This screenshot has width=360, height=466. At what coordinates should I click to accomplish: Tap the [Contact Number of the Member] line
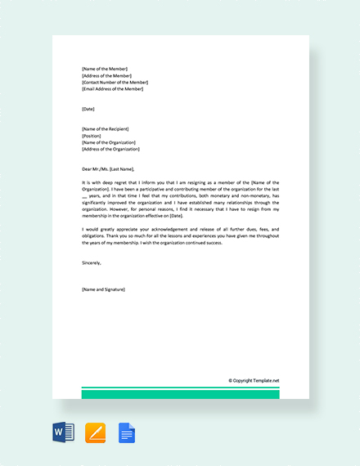click(x=115, y=82)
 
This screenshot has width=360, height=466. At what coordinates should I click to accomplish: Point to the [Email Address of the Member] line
click(x=113, y=88)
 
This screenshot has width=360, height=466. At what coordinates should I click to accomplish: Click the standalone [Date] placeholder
click(x=88, y=109)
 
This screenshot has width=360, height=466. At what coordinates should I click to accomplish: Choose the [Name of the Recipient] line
click(x=106, y=129)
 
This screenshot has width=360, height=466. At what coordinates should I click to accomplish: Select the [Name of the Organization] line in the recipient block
click(x=110, y=142)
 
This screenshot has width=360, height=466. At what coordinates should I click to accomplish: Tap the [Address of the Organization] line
click(x=111, y=149)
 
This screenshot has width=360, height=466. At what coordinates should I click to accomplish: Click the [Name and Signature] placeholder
click(x=104, y=289)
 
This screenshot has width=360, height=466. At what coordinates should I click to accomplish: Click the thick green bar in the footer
click(x=180, y=394)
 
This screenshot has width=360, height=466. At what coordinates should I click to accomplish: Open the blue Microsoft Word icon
click(x=63, y=432)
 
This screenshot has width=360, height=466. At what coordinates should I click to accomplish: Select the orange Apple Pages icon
click(x=95, y=432)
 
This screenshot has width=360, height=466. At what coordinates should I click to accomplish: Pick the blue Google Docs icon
click(x=126, y=432)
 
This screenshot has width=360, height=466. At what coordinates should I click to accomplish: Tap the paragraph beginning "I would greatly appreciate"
click(x=180, y=236)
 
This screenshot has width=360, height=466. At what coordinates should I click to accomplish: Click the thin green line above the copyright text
click(x=180, y=388)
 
